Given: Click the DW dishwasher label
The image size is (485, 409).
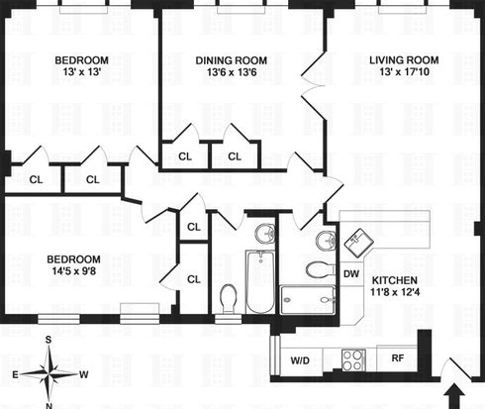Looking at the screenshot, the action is tap(351, 273).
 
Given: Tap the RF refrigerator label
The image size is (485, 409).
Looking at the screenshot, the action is tap(398, 358).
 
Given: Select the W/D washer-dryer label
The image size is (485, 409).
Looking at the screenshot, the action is tap(300, 360).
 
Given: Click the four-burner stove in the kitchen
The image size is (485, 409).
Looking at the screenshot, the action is tap(352, 359).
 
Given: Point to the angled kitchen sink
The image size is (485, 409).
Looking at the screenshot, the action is tap(359, 243).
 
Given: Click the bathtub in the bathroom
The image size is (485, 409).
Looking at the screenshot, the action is tap(260, 281).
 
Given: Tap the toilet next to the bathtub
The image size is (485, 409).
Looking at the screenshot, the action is tap(228, 299).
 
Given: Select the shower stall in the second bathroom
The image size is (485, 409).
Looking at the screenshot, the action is tap(308, 300).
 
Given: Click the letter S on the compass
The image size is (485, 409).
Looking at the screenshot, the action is tap(48, 340).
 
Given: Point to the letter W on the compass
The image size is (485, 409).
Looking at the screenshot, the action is tap(84, 374).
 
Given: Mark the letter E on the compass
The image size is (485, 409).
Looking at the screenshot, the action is tap(15, 374).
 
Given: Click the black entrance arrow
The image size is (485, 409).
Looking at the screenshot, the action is tap(454, 396).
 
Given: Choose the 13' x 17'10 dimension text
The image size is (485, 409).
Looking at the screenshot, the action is tap(404, 71).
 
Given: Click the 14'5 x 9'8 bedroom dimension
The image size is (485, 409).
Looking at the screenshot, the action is tap(74, 271).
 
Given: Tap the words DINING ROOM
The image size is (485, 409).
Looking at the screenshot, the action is tap(232, 60).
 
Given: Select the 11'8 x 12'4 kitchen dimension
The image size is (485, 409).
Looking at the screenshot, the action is tap(395, 292).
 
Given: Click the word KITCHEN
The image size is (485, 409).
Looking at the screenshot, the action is tap(395, 280).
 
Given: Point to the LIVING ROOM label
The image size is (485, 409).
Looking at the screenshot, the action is tap(404, 60).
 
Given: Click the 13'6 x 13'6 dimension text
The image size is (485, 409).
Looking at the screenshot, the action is tap(232, 72).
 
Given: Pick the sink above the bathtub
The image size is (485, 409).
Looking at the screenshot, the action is tap(265, 233).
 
